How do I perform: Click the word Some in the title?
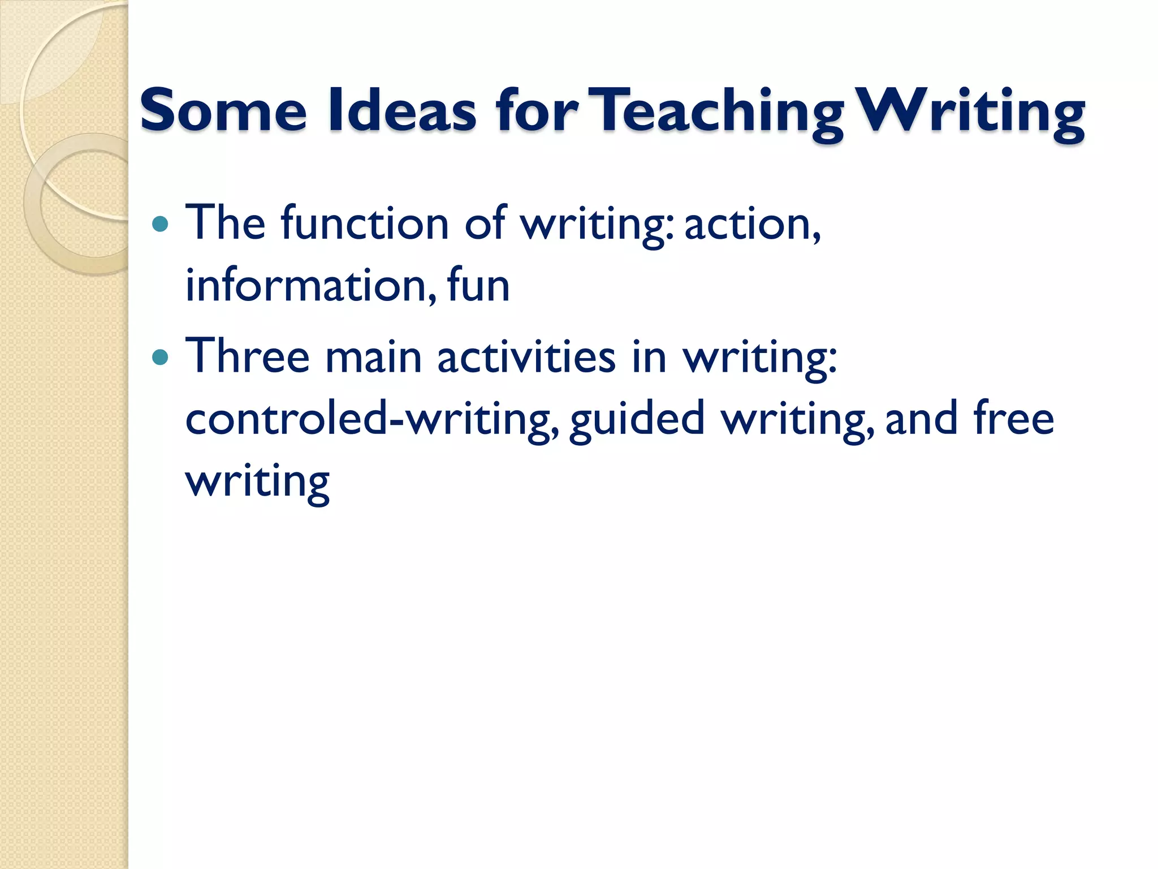[223, 110]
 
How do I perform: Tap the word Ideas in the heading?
[402, 110]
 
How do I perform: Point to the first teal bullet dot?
[161, 224]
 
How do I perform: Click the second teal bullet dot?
[161, 358]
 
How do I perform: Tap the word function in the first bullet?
[365, 223]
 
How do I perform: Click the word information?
[311, 285]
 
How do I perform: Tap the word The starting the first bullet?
[225, 223]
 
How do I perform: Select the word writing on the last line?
[258, 482]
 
